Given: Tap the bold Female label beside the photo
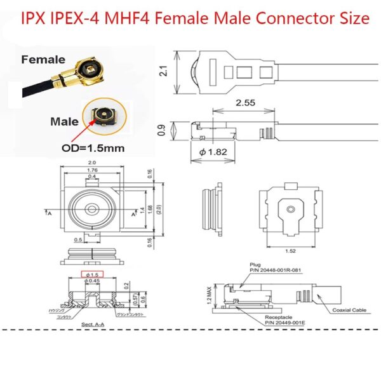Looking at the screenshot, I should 43,60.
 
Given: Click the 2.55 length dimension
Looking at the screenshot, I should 242,102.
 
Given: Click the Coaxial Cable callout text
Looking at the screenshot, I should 349,311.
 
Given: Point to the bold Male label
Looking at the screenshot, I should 65,121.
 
